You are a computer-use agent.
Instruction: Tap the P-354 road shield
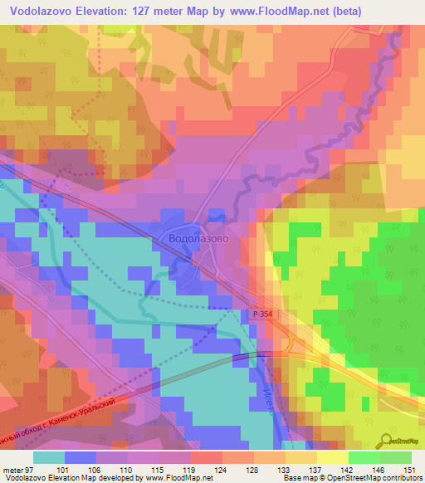click(261, 315)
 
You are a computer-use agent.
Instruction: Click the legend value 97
click(30, 469)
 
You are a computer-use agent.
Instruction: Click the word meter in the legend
click(12, 469)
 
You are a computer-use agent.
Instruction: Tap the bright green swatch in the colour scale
click(364, 457)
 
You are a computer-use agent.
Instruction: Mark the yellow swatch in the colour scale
click(332, 457)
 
